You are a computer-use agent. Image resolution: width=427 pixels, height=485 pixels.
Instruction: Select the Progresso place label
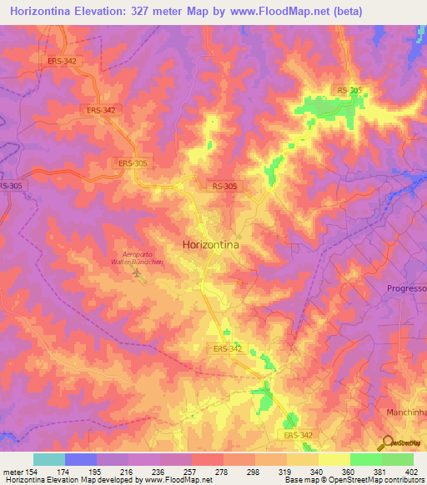point(406,288)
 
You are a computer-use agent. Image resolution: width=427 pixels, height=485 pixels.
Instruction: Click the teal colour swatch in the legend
point(49,459)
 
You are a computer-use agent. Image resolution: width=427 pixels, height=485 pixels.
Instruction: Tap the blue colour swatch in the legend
point(81,459)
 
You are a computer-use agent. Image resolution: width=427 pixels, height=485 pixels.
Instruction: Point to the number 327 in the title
point(148,12)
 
